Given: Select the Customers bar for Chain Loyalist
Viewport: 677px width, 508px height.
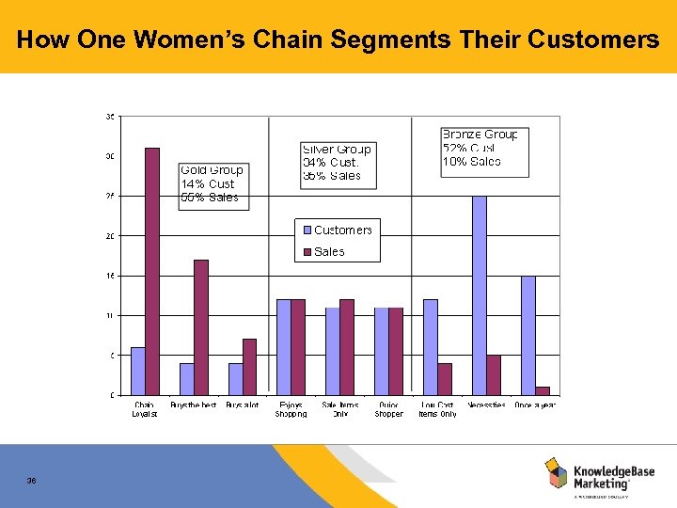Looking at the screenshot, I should pyautogui.click(x=138, y=371).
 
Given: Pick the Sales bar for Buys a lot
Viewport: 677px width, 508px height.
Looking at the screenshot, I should pyautogui.click(x=249, y=366).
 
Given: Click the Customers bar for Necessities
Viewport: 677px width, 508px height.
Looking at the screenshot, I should pyautogui.click(x=480, y=295).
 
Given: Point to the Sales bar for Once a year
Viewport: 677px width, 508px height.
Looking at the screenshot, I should pyautogui.click(x=543, y=390).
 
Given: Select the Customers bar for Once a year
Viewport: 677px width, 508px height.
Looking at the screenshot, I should pyautogui.click(x=528, y=335).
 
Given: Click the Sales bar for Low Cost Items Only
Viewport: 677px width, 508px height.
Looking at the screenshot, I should pyautogui.click(x=445, y=378).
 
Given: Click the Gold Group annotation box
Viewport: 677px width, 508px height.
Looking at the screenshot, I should pyautogui.click(x=213, y=184).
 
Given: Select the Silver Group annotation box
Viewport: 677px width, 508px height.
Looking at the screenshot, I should pyautogui.click(x=338, y=163).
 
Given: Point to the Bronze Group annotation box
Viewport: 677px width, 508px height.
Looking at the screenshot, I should pyautogui.click(x=480, y=149).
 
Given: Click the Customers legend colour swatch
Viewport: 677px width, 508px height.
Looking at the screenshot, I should pyautogui.click(x=307, y=230).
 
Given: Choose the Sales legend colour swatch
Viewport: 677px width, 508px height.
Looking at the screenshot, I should pyautogui.click(x=307, y=252).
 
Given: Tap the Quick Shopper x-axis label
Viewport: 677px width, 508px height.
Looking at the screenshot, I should pyautogui.click(x=388, y=409).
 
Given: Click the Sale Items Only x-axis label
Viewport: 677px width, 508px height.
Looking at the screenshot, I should pyautogui.click(x=340, y=409).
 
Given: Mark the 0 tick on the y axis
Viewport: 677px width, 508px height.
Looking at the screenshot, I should pyautogui.click(x=113, y=395).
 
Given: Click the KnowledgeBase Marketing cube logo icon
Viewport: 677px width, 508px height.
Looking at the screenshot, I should pyautogui.click(x=557, y=472).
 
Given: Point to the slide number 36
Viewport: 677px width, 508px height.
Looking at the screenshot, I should pyautogui.click(x=32, y=481).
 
